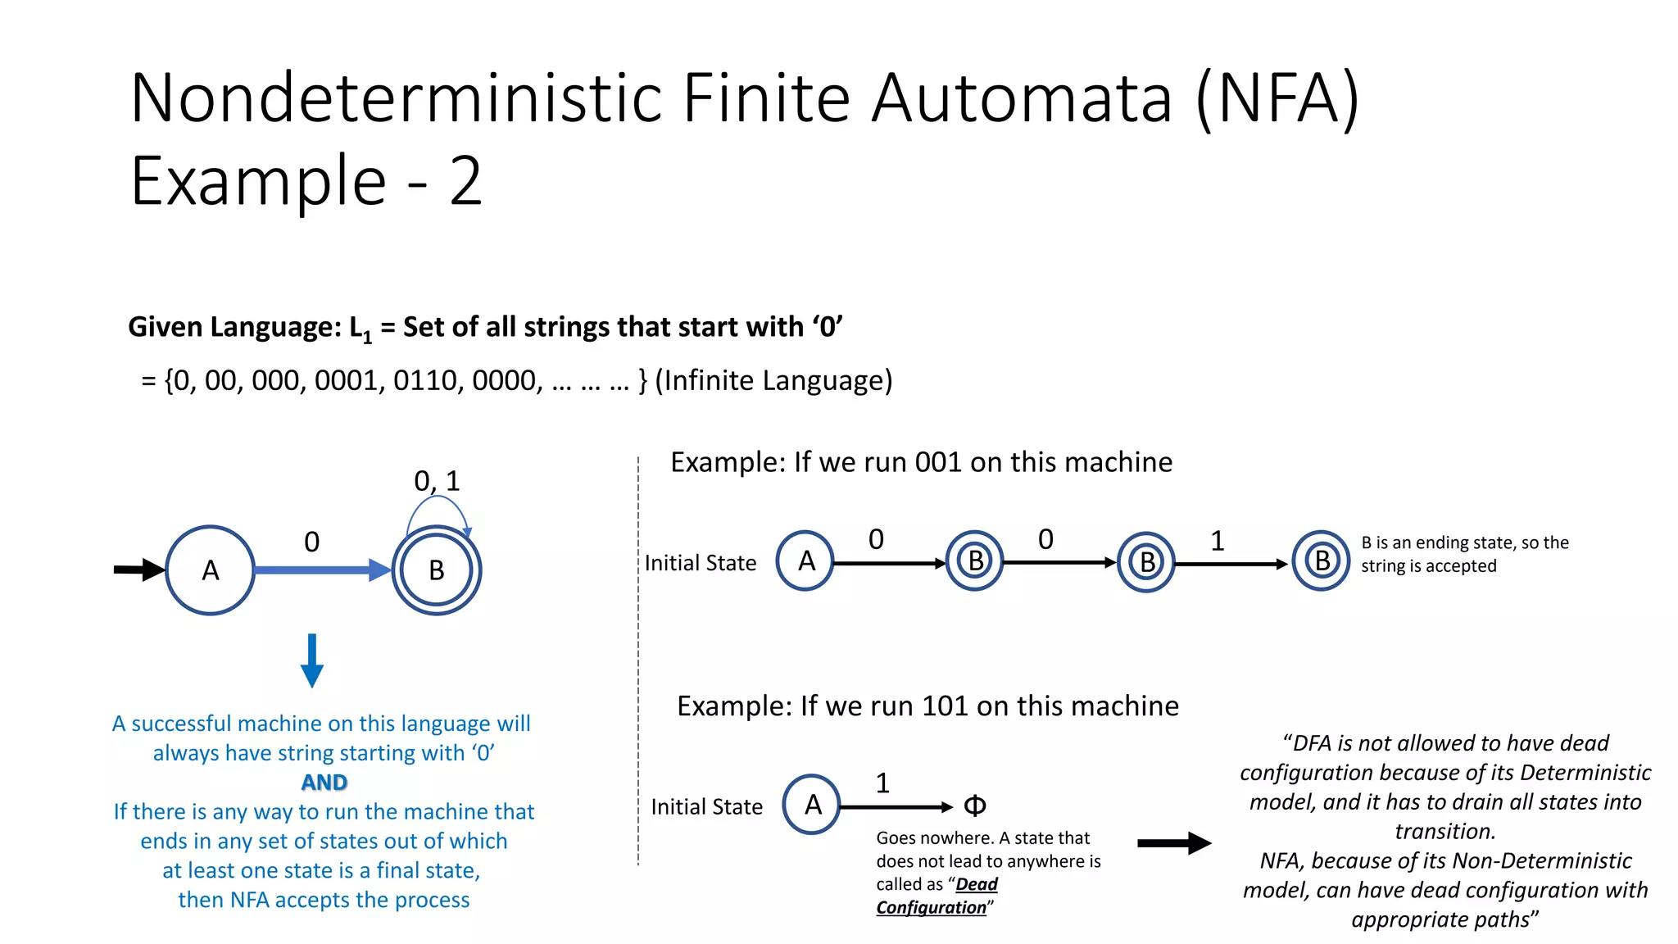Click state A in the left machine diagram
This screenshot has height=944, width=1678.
click(210, 570)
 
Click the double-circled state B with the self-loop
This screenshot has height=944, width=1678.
click(436, 570)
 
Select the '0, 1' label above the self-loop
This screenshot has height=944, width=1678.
click(437, 481)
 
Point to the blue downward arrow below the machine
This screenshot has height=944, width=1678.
click(311, 660)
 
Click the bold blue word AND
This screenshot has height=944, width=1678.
click(324, 782)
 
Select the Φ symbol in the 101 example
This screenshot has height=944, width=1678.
click(974, 806)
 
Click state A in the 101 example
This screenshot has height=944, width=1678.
click(811, 805)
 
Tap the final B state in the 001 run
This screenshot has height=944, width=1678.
click(1321, 561)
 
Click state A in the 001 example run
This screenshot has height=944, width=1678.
click(805, 561)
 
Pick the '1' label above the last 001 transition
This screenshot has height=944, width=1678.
click(1218, 541)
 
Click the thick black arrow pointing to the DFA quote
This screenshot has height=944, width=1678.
click(1173, 842)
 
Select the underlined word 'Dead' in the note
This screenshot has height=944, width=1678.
click(977, 884)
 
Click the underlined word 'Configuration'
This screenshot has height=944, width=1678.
click(932, 907)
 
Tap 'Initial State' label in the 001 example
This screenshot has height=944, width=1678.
click(700, 563)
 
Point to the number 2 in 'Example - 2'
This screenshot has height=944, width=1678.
click(465, 182)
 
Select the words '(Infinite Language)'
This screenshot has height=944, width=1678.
click(773, 380)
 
